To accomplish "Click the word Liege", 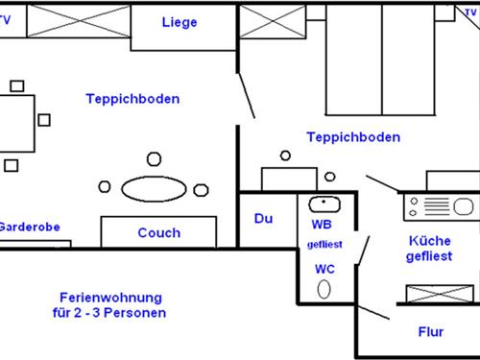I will [x=180, y=22].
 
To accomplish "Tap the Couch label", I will [x=158, y=232].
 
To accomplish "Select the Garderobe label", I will [x=29, y=228].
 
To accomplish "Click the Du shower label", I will [x=263, y=219].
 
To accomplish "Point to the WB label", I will [x=322, y=225].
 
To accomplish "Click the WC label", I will [x=324, y=268].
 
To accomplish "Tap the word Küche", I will [x=429, y=241].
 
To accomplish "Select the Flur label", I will [x=431, y=332].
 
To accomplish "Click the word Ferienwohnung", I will [x=110, y=298].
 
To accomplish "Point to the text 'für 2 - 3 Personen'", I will [x=110, y=314].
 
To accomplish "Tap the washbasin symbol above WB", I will [x=324, y=204].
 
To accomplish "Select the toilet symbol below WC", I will [x=324, y=289].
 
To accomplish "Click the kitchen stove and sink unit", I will [x=439, y=205].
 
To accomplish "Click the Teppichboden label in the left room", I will [x=132, y=99].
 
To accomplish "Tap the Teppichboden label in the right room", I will [x=353, y=137].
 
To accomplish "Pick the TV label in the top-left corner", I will [x=6, y=17].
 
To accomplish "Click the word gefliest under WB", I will [x=324, y=245].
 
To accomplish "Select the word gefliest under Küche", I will [x=429, y=257].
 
